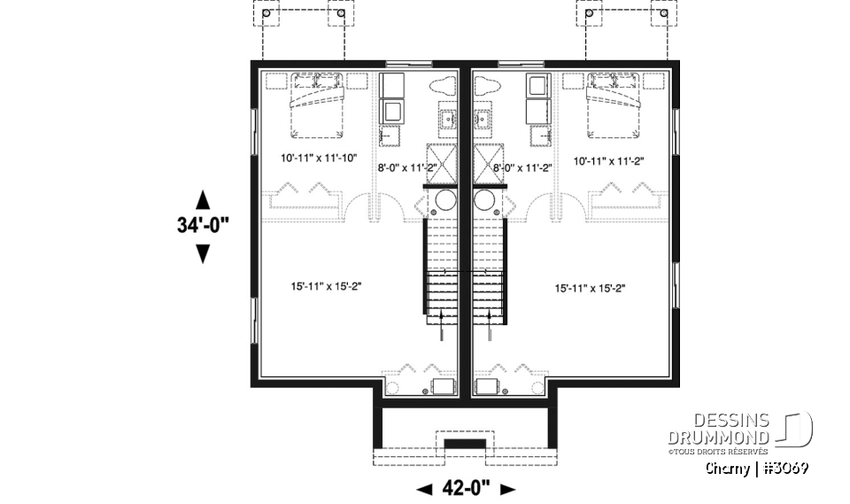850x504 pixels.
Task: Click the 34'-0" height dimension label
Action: click(x=202, y=225)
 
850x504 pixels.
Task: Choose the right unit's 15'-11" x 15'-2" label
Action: click(x=591, y=288)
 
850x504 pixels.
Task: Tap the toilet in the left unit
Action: click(x=443, y=89)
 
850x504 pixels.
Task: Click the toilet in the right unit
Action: click(x=488, y=89)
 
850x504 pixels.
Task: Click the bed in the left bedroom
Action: click(x=315, y=105)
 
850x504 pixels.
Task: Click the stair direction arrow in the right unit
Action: click(x=490, y=324)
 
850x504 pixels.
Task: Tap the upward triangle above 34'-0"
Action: click(x=202, y=198)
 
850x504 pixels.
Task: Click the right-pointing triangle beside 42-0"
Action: click(x=507, y=488)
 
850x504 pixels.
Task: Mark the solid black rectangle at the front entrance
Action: click(x=464, y=442)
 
